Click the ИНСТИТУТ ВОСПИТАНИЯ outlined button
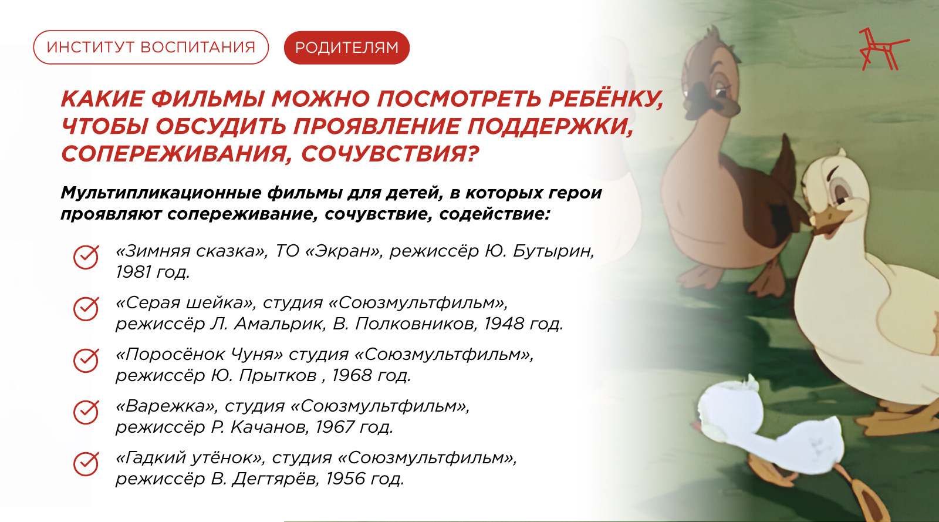coord(151,48)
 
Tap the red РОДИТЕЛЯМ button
coord(347,48)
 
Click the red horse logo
coord(883,49)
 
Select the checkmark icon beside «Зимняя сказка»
coord(86,257)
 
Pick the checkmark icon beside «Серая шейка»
coord(86,309)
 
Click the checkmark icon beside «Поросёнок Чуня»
coord(86,360)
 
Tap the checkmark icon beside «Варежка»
coord(86,412)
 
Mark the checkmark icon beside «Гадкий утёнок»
coord(86,464)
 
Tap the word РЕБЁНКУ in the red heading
coord(606,99)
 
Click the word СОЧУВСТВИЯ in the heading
coord(390,154)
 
